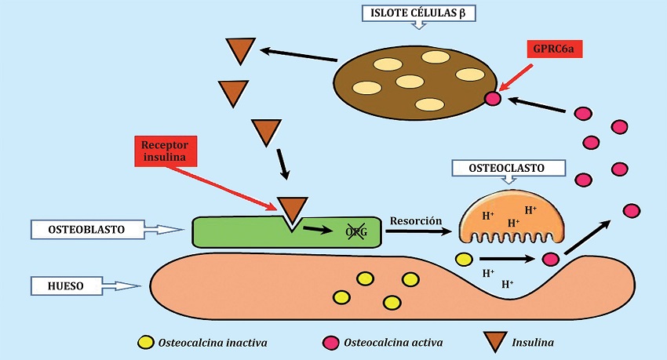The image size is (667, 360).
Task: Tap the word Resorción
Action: pyautogui.click(x=416, y=222)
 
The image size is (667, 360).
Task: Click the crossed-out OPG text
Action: pyautogui.click(x=356, y=230)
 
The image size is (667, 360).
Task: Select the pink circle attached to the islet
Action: pyautogui.click(x=493, y=99)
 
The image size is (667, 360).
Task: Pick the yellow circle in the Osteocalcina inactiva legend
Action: pyautogui.click(x=145, y=342)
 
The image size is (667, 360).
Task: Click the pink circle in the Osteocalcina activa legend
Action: pyautogui.click(x=330, y=342)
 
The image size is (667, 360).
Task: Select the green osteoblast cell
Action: pyautogui.click(x=235, y=233)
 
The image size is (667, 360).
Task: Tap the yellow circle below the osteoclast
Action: pyautogui.click(x=464, y=258)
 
